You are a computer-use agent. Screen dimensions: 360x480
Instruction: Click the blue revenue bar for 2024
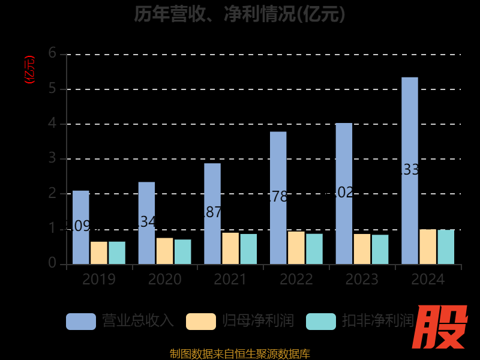point(410,170)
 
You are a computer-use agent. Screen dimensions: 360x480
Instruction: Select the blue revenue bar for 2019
point(80,227)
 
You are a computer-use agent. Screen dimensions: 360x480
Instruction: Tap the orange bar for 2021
point(230,248)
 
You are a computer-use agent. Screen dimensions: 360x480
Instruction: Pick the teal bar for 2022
point(314,249)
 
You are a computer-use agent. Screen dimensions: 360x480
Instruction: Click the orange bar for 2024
point(428,247)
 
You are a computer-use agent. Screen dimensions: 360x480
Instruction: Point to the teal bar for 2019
point(117,253)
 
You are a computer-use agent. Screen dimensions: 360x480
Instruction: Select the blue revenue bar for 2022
point(278,197)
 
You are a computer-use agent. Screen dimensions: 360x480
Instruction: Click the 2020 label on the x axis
point(164,280)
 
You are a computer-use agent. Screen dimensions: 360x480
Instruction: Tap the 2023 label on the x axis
point(362,280)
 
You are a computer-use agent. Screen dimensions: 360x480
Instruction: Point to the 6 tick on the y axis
point(53,54)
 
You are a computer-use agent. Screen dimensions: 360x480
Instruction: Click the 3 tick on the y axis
point(53,159)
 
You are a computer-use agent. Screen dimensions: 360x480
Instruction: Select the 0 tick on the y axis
point(53,264)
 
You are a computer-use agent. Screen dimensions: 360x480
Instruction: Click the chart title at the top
point(240,14)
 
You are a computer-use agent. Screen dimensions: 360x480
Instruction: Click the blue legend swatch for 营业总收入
point(81,321)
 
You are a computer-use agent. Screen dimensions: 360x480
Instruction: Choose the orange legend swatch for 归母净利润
point(201,321)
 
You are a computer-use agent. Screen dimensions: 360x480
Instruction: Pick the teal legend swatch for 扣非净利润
point(321,321)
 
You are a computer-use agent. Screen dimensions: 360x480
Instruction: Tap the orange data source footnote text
point(240,353)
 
